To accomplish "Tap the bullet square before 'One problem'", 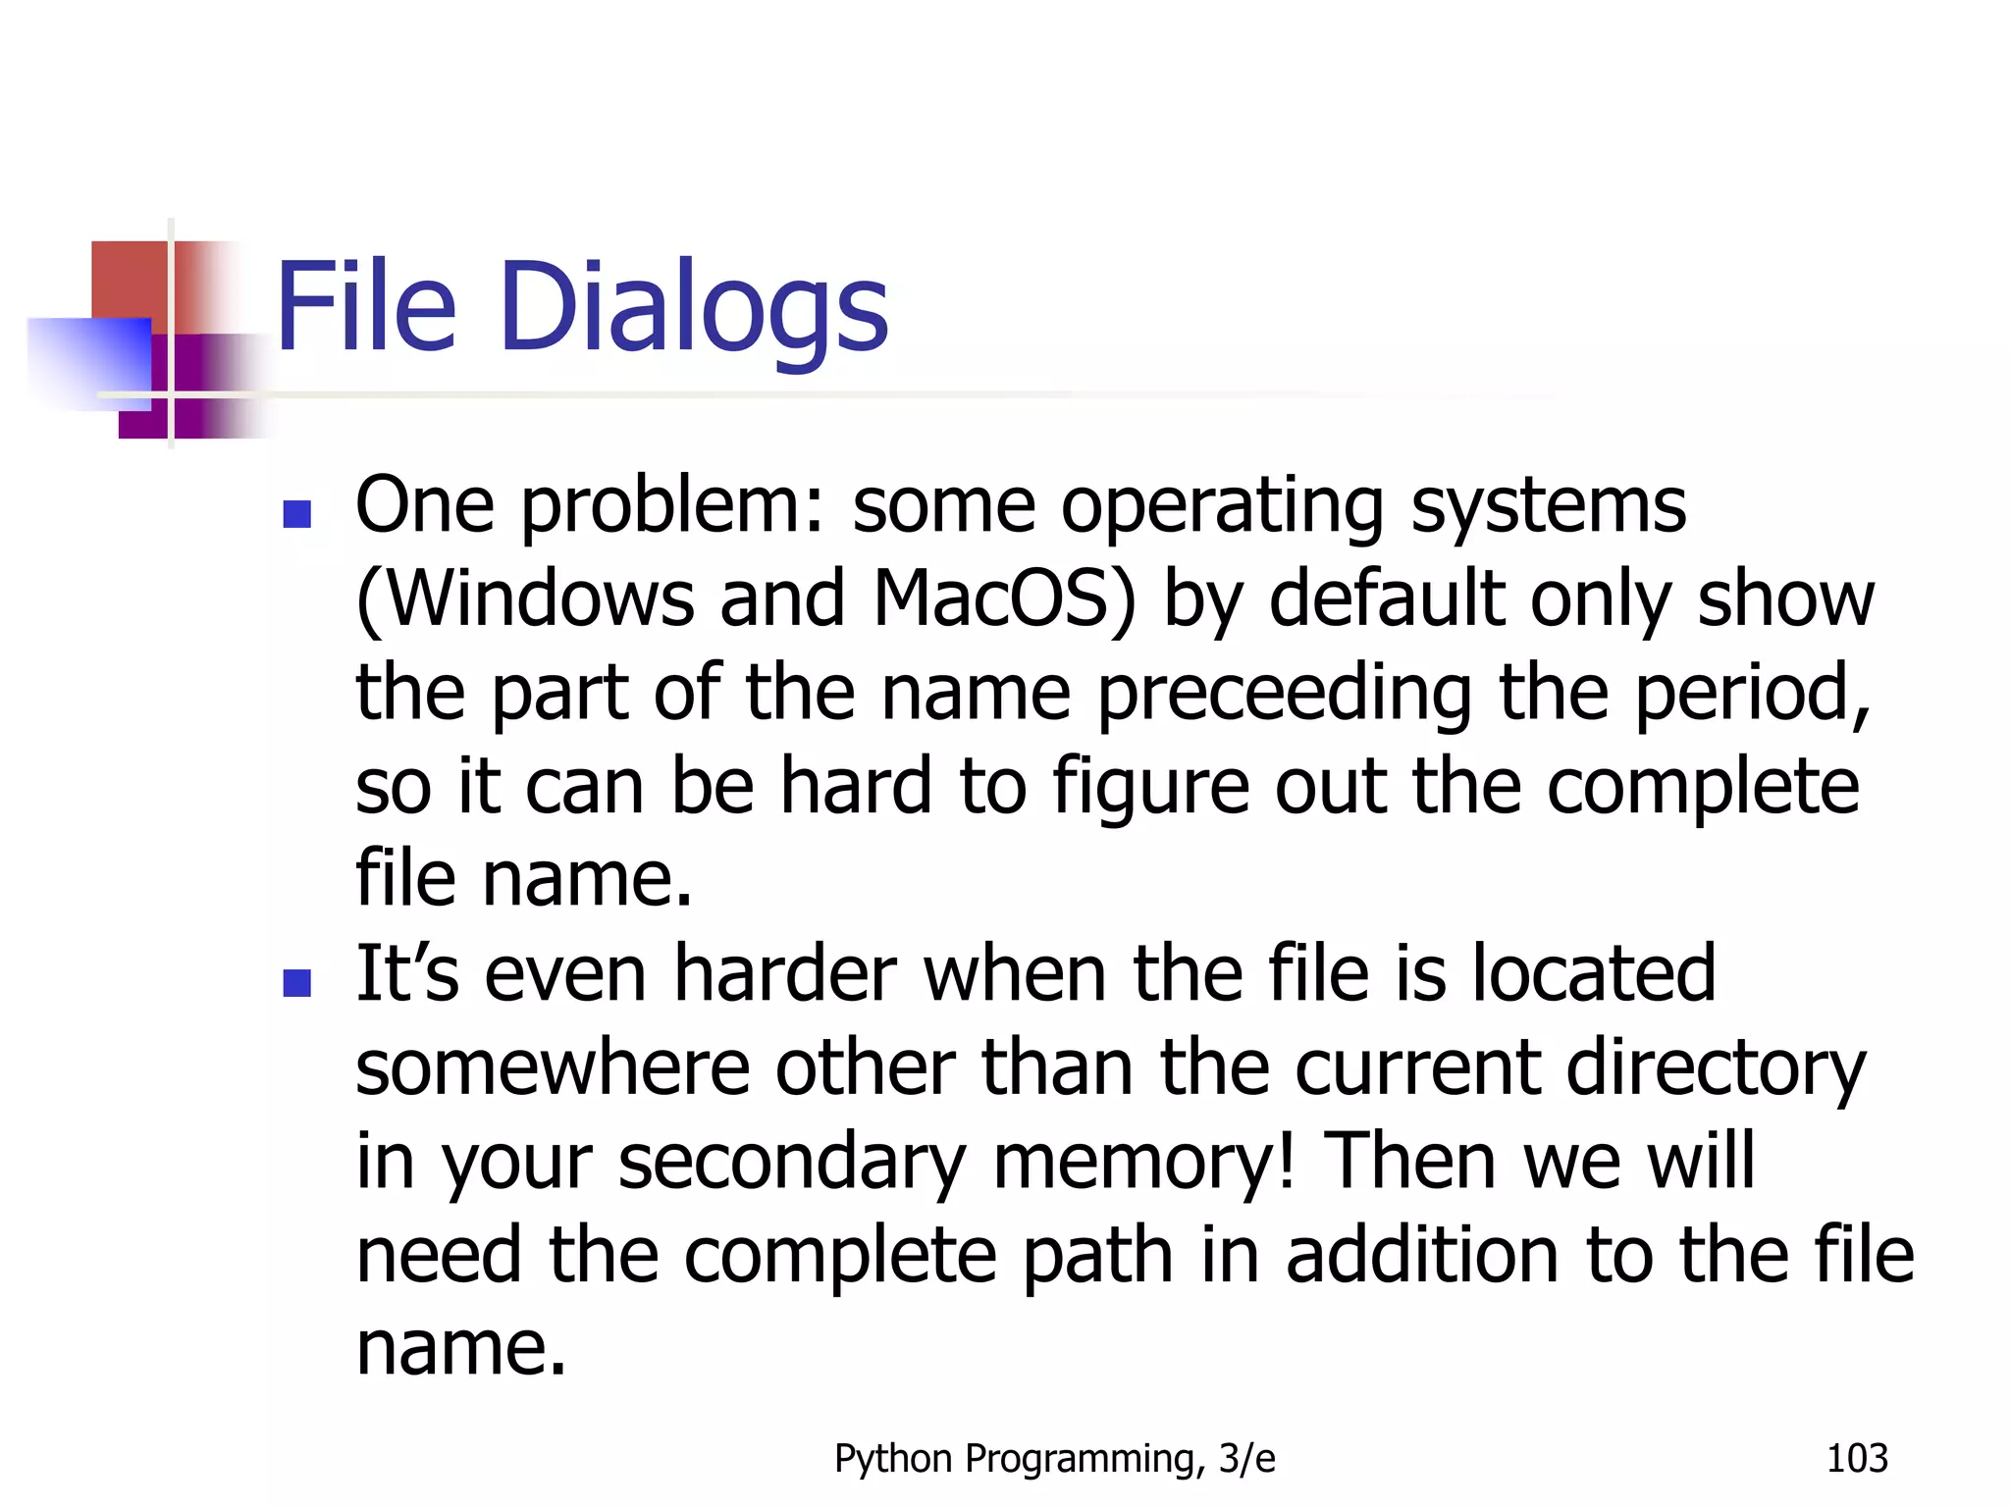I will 296,514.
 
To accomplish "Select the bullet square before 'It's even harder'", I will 296,982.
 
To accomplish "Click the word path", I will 1097,1256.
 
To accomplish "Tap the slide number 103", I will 1856,1459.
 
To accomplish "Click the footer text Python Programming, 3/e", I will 1054,1459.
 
